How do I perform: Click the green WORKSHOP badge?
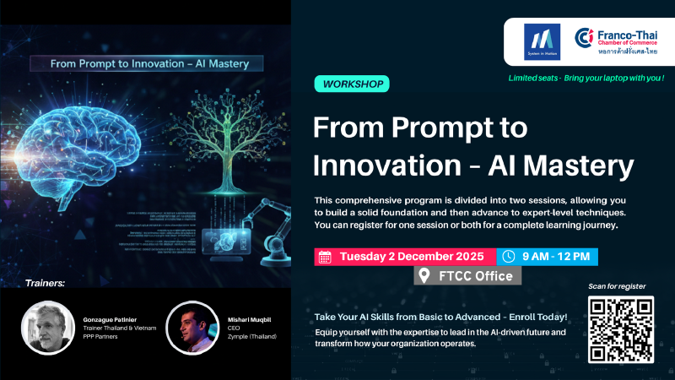click(x=354, y=84)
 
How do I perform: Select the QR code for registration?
click(x=620, y=329)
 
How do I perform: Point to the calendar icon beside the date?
click(x=325, y=257)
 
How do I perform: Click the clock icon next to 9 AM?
click(x=508, y=257)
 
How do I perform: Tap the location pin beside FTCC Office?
click(x=425, y=276)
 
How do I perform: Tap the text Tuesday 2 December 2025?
click(x=411, y=257)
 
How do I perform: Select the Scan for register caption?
click(x=620, y=286)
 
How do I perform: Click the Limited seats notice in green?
click(x=586, y=79)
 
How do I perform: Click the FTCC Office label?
click(x=473, y=276)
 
